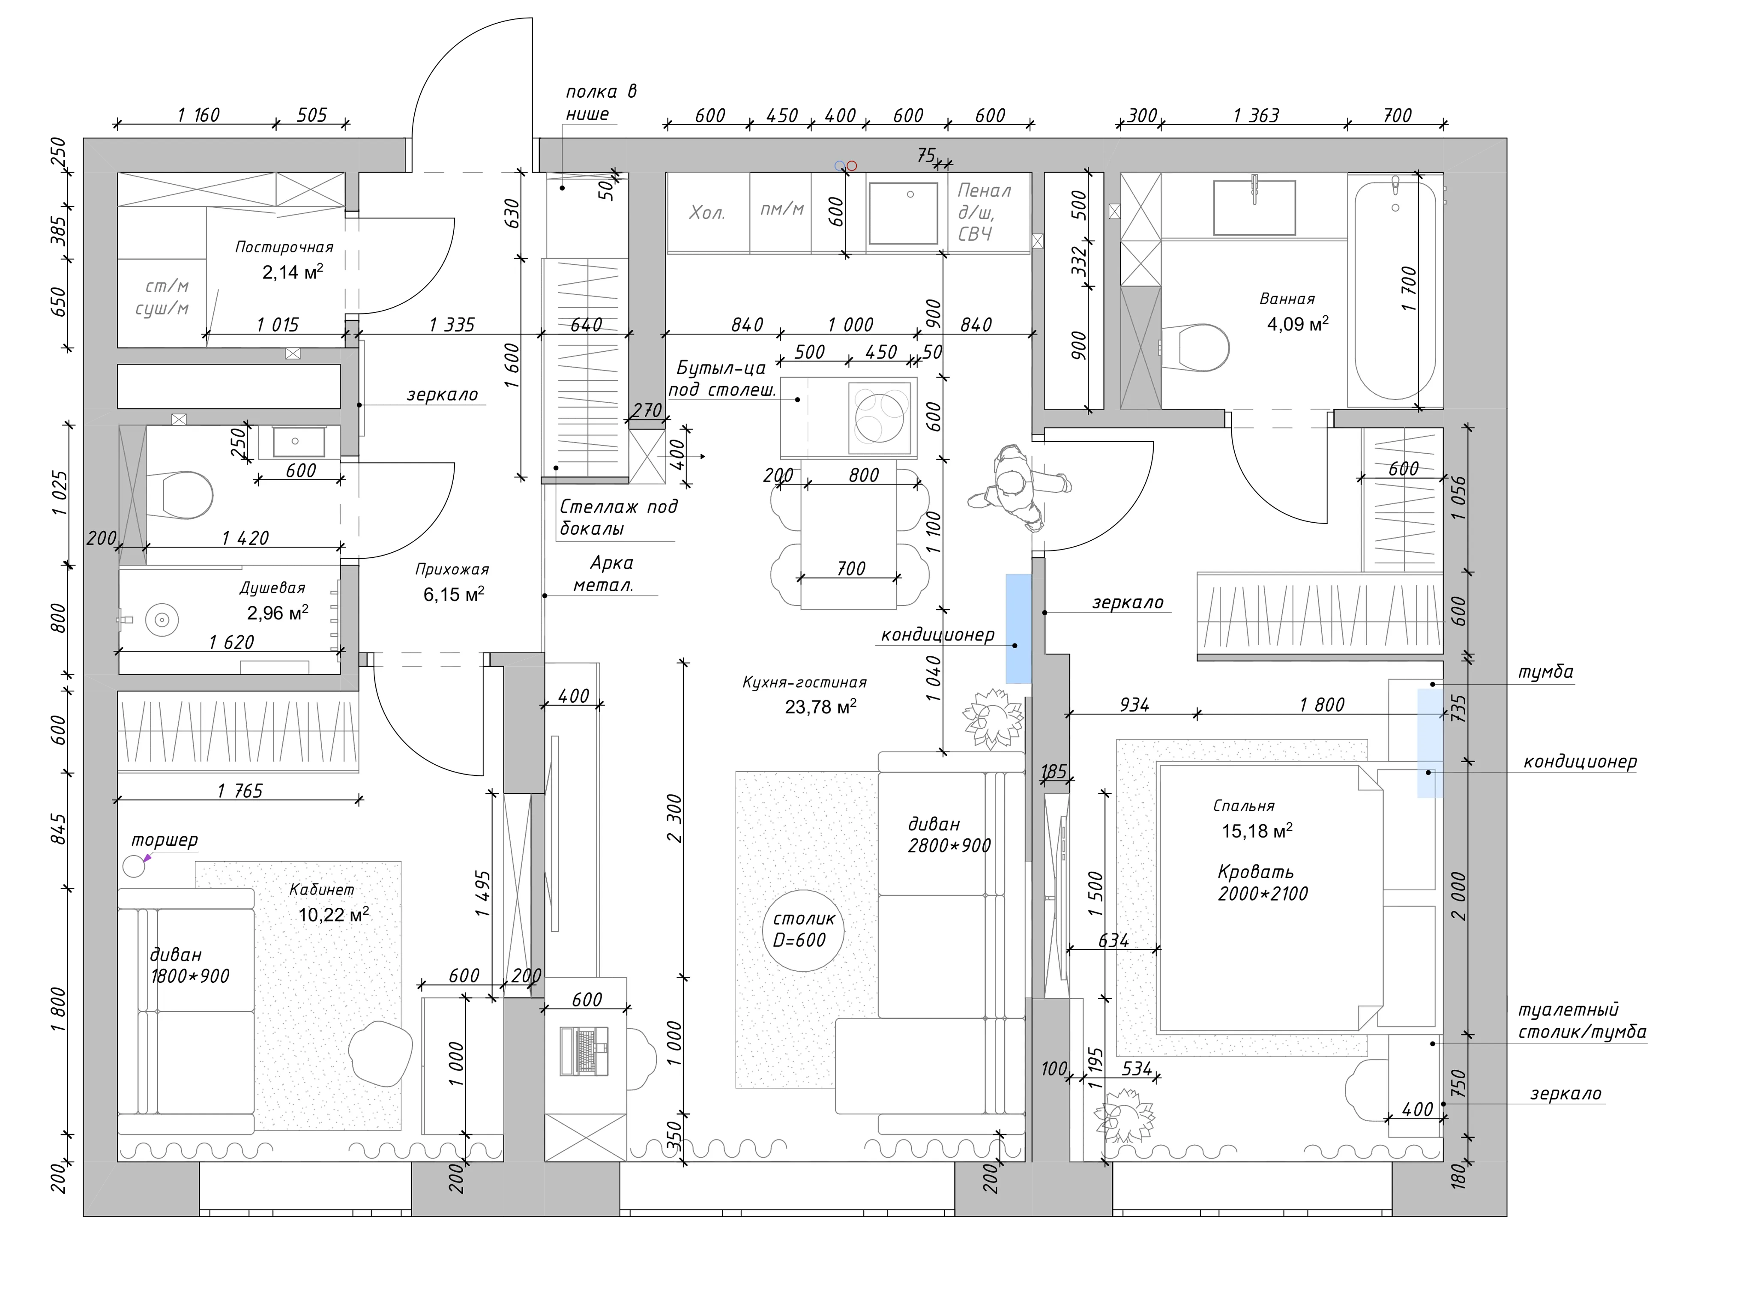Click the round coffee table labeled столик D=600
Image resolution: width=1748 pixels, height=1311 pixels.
(804, 931)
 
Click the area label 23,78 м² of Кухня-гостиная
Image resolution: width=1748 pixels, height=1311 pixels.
(820, 706)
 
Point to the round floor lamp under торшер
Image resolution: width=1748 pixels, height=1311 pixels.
(135, 867)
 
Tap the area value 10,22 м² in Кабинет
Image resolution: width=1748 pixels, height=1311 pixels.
(333, 915)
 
